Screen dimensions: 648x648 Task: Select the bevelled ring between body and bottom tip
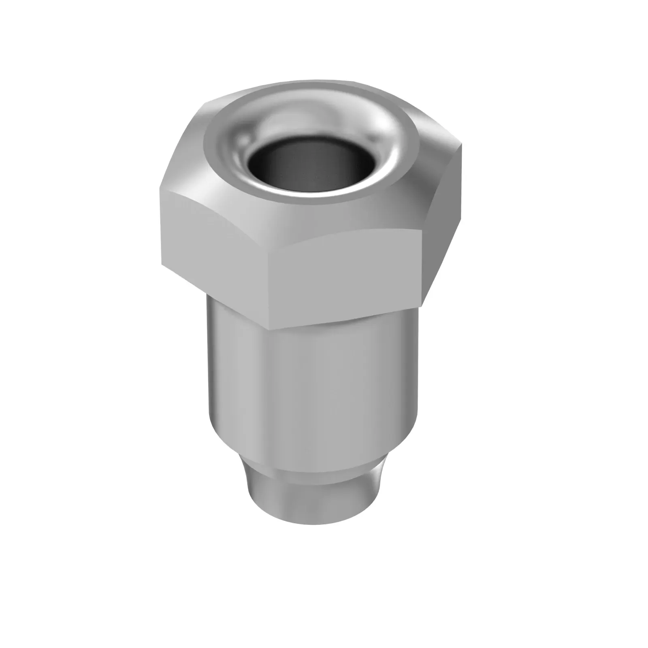(312, 478)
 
